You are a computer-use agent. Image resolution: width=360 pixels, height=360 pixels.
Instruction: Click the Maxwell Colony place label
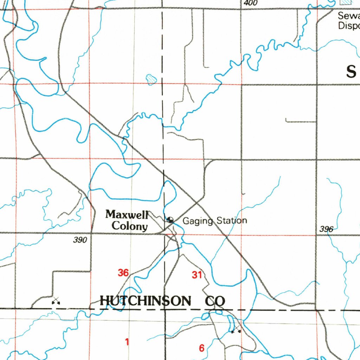[x=127, y=220]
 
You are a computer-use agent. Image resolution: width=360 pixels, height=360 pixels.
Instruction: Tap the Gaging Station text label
[x=215, y=221]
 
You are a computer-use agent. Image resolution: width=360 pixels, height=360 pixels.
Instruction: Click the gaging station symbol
[x=170, y=220]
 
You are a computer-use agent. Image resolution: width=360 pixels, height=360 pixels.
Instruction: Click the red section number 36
[x=123, y=272]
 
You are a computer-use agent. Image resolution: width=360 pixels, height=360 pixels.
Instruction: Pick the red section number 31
[x=197, y=275]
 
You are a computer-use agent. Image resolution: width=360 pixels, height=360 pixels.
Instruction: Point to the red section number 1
[x=127, y=341]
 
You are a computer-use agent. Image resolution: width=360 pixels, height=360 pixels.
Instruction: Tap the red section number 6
[x=201, y=348]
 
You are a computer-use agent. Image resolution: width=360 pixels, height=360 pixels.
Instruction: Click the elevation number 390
[x=80, y=240]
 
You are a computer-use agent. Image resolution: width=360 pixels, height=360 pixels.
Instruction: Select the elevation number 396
[x=326, y=229]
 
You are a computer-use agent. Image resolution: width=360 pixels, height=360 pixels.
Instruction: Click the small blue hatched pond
[x=151, y=79]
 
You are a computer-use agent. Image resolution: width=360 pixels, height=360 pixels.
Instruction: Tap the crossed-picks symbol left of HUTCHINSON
[x=56, y=301]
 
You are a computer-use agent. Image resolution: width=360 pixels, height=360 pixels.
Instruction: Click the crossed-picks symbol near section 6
[x=236, y=330]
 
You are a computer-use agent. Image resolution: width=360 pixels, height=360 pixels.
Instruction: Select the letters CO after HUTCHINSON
[x=215, y=301]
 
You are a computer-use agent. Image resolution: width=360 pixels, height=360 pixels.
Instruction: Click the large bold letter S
[x=351, y=72]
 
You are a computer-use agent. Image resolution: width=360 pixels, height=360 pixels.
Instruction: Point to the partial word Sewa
[x=348, y=15]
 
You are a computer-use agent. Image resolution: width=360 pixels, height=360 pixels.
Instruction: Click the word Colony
[x=129, y=226]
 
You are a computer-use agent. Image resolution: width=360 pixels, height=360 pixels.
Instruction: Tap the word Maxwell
[x=127, y=214]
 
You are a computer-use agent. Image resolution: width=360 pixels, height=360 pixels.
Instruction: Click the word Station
[x=232, y=221]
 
